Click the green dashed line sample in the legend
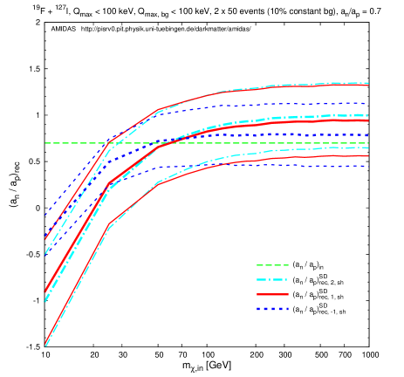pyautogui.click(x=272, y=265)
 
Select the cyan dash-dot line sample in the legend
pyautogui.click(x=272, y=280)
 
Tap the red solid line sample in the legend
pyautogui.click(x=272, y=295)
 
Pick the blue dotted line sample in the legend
pyautogui.click(x=272, y=309)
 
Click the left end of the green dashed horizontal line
pyautogui.click(x=45, y=143)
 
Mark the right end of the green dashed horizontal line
pyautogui.click(x=368, y=143)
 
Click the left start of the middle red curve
pyautogui.click(x=45, y=292)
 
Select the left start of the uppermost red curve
pyautogui.click(x=45, y=238)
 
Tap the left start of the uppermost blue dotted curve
pyautogui.click(x=45, y=215)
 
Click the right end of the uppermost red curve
pyautogui.click(x=368, y=86)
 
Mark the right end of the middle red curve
pyautogui.click(x=368, y=121)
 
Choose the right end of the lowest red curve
pyautogui.click(x=368, y=156)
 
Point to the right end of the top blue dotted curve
pyautogui.click(x=368, y=104)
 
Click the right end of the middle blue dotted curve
pyautogui.click(x=368, y=135)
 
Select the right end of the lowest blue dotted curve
pyautogui.click(x=368, y=166)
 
